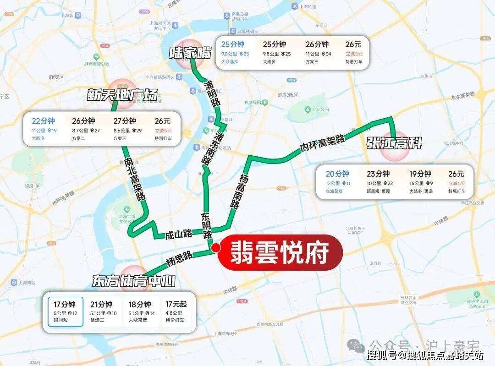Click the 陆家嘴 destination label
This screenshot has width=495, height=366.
pyautogui.click(x=190, y=53)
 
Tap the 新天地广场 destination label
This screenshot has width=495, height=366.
pyautogui.click(x=122, y=95)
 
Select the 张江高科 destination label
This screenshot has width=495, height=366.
pyautogui.click(x=394, y=144)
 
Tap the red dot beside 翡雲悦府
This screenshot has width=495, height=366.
pyautogui.click(x=215, y=247)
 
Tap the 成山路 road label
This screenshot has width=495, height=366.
pyautogui.click(x=179, y=235)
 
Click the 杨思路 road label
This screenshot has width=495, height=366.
pyautogui.click(x=177, y=262)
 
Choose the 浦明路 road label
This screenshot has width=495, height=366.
pyautogui.click(x=212, y=94)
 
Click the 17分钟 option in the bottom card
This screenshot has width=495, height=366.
pyautogui.click(x=65, y=304)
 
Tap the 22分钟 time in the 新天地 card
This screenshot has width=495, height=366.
pyautogui.click(x=43, y=121)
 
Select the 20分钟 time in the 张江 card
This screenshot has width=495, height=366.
pyautogui.click(x=337, y=174)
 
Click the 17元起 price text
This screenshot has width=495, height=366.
pyautogui.click(x=176, y=304)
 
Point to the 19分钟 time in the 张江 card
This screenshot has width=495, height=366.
pyautogui.click(x=420, y=174)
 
